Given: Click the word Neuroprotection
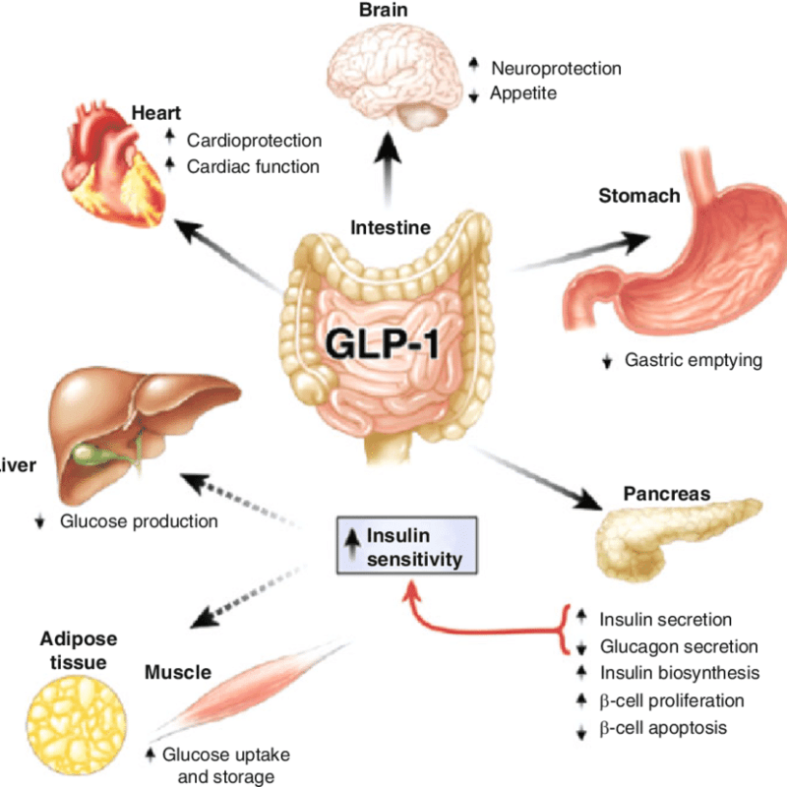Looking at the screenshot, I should (x=556, y=69).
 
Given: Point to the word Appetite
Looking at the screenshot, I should (x=524, y=93).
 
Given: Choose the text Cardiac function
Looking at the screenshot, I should (x=253, y=166).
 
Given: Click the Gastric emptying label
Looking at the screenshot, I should (x=694, y=360).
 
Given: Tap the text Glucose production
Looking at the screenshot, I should (x=139, y=521).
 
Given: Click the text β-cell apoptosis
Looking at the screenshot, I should (x=663, y=728).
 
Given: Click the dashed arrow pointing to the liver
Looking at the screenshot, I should (x=236, y=502).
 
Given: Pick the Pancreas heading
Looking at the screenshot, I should (x=667, y=493).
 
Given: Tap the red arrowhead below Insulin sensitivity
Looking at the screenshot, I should (x=408, y=588).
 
